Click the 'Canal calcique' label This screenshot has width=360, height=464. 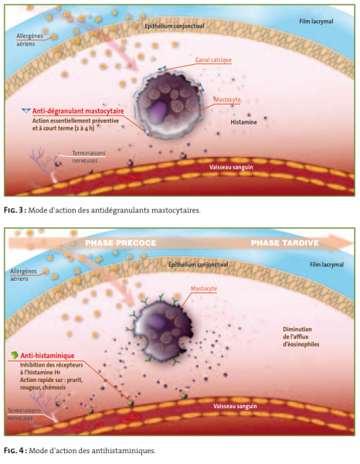click(213, 60)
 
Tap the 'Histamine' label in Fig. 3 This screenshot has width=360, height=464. click(243, 122)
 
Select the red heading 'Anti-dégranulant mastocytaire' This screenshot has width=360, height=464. click(78, 111)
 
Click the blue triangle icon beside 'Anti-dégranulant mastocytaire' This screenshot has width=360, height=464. click(26, 111)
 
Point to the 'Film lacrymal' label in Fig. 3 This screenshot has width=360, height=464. click(316, 22)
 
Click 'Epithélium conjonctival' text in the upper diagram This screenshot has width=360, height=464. click(175, 26)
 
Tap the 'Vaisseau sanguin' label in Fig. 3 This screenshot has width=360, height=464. click(231, 167)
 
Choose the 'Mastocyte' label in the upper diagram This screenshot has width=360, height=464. click(227, 100)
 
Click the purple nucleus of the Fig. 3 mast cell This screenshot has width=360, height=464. click(158, 110)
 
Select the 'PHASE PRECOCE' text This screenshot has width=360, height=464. click(121, 243)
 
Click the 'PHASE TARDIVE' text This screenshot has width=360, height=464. click(284, 243)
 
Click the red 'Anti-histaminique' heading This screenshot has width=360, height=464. click(47, 356)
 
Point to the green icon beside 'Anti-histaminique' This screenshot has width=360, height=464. click(14, 354)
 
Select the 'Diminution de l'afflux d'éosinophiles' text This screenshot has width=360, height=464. click(301, 336)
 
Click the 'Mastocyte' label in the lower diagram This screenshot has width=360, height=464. click(204, 288)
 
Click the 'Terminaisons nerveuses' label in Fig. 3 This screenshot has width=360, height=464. click(89, 157)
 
